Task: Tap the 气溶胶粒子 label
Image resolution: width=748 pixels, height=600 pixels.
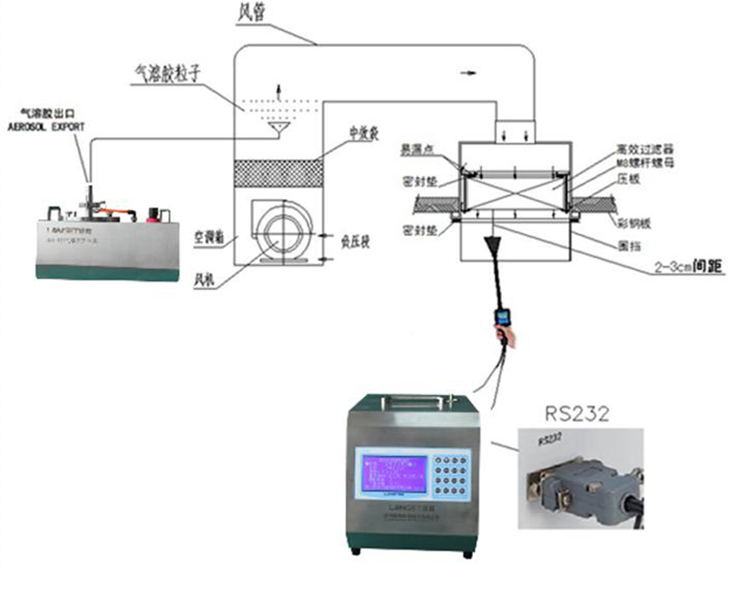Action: click(165, 77)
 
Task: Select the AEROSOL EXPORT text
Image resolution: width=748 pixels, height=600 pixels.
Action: click(47, 128)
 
